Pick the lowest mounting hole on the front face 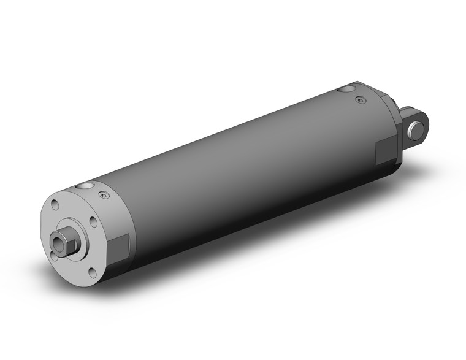click(x=92, y=272)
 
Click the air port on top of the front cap click(x=85, y=186)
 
